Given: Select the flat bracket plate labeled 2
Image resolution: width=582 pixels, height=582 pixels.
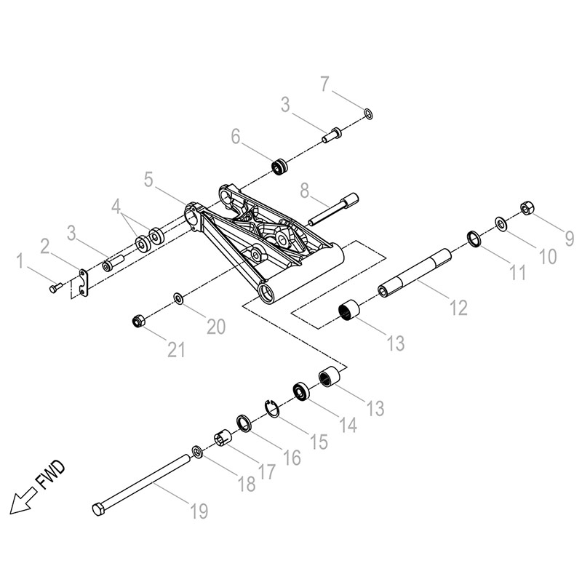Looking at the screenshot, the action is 84,283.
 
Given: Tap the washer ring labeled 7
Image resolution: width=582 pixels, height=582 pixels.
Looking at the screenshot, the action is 368,114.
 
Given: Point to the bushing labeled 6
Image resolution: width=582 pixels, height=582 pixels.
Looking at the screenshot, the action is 280,167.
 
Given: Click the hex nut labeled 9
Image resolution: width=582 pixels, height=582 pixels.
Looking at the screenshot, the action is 527,208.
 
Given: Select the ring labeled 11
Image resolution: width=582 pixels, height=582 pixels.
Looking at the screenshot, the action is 474,239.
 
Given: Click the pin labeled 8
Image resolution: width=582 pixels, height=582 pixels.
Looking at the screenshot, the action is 334,209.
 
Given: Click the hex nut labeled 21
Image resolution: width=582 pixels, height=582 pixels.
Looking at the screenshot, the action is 138,321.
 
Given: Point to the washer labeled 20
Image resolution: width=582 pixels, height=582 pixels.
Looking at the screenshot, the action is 178,298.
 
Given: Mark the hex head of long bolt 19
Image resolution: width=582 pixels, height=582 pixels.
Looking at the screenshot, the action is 98,509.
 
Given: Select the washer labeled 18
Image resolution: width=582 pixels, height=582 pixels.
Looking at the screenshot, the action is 197,452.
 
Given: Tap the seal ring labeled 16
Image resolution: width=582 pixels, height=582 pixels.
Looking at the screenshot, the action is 244,423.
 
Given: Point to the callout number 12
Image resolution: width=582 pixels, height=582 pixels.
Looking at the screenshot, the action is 459,308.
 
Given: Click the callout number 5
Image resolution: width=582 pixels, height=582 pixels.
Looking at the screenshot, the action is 148,180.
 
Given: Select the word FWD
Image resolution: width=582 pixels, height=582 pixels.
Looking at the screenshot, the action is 51,475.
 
